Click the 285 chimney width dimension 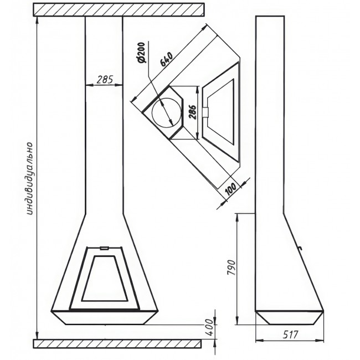tap(105, 80)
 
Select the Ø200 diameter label tap(141, 53)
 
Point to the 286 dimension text tap(192, 112)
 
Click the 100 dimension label tap(230, 189)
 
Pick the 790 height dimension tap(231, 268)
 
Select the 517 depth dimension tap(290, 335)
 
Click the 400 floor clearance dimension tap(209, 327)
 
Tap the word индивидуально tap(30, 179)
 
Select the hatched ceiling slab tap(119, 9)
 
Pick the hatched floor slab tap(117, 343)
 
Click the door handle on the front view tap(105, 248)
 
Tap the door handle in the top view tap(205, 112)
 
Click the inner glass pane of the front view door tap(105, 278)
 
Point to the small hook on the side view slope tap(300, 248)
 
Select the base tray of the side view tap(290, 318)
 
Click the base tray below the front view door tap(105, 318)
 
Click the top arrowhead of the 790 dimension tap(237, 217)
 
